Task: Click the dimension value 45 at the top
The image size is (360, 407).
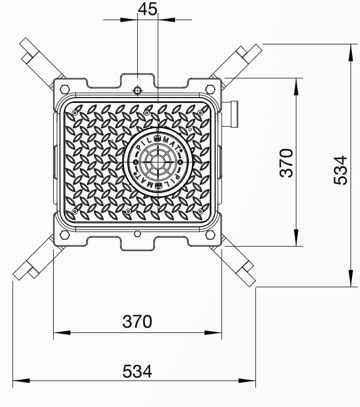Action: click(148, 9)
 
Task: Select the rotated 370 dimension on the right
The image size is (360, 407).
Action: click(286, 162)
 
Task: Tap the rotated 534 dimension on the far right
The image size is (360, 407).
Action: click(341, 170)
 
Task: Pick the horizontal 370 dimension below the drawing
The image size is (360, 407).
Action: click(137, 321)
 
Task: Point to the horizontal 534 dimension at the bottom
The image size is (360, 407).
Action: click(137, 371)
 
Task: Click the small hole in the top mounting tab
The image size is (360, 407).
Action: click(137, 90)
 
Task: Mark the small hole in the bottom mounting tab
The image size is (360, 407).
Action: click(137, 234)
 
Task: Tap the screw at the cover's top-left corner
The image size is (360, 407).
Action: click(76, 113)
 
